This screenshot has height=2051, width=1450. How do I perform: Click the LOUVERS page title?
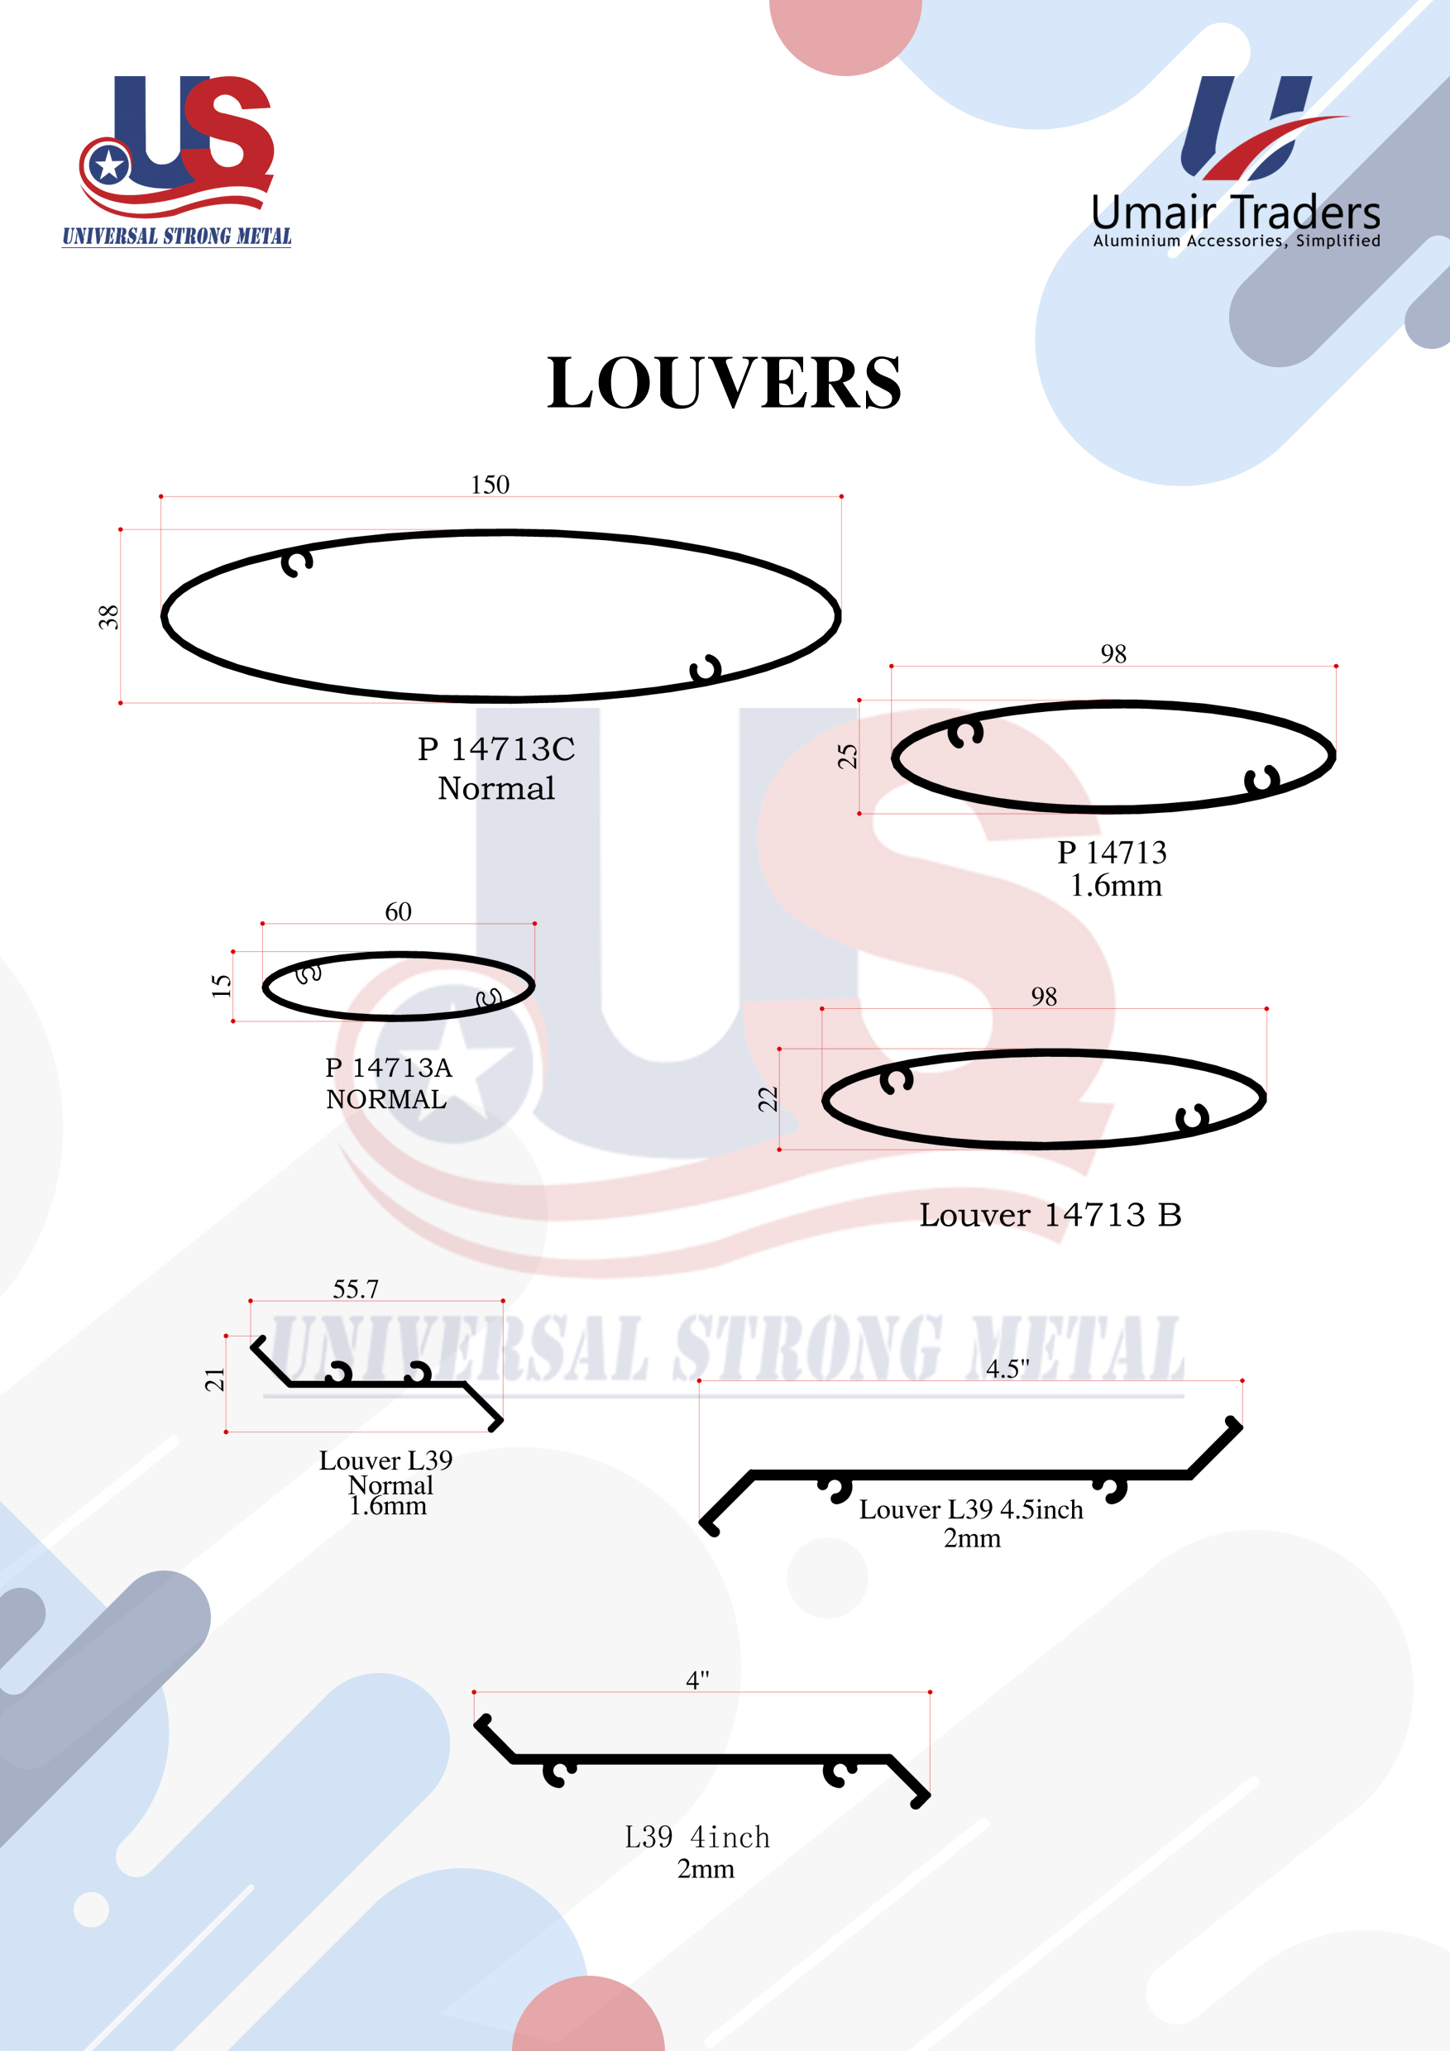tap(724, 383)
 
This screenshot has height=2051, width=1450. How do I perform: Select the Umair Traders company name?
tap(1236, 213)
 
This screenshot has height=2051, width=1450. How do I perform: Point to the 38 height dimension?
tap(108, 617)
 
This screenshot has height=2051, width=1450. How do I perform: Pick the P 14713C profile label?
tap(495, 748)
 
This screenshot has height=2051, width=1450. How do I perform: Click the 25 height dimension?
tap(847, 757)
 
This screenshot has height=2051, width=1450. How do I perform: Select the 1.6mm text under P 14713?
tap(1116, 886)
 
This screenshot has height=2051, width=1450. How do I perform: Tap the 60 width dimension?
tap(399, 911)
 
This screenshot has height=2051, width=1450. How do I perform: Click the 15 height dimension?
tap(221, 985)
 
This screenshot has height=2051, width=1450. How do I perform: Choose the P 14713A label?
tap(389, 1068)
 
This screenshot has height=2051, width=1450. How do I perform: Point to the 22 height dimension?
tap(768, 1099)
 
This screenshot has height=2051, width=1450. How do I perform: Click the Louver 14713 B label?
tap(1050, 1215)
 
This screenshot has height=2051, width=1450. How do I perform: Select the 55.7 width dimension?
tap(356, 1289)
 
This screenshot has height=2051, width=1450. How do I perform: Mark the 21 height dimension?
tap(214, 1380)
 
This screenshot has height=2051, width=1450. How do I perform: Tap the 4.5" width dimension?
tap(1007, 1369)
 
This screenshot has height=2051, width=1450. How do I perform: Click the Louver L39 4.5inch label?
tap(971, 1509)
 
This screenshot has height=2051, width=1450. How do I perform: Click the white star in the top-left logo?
tap(109, 165)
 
